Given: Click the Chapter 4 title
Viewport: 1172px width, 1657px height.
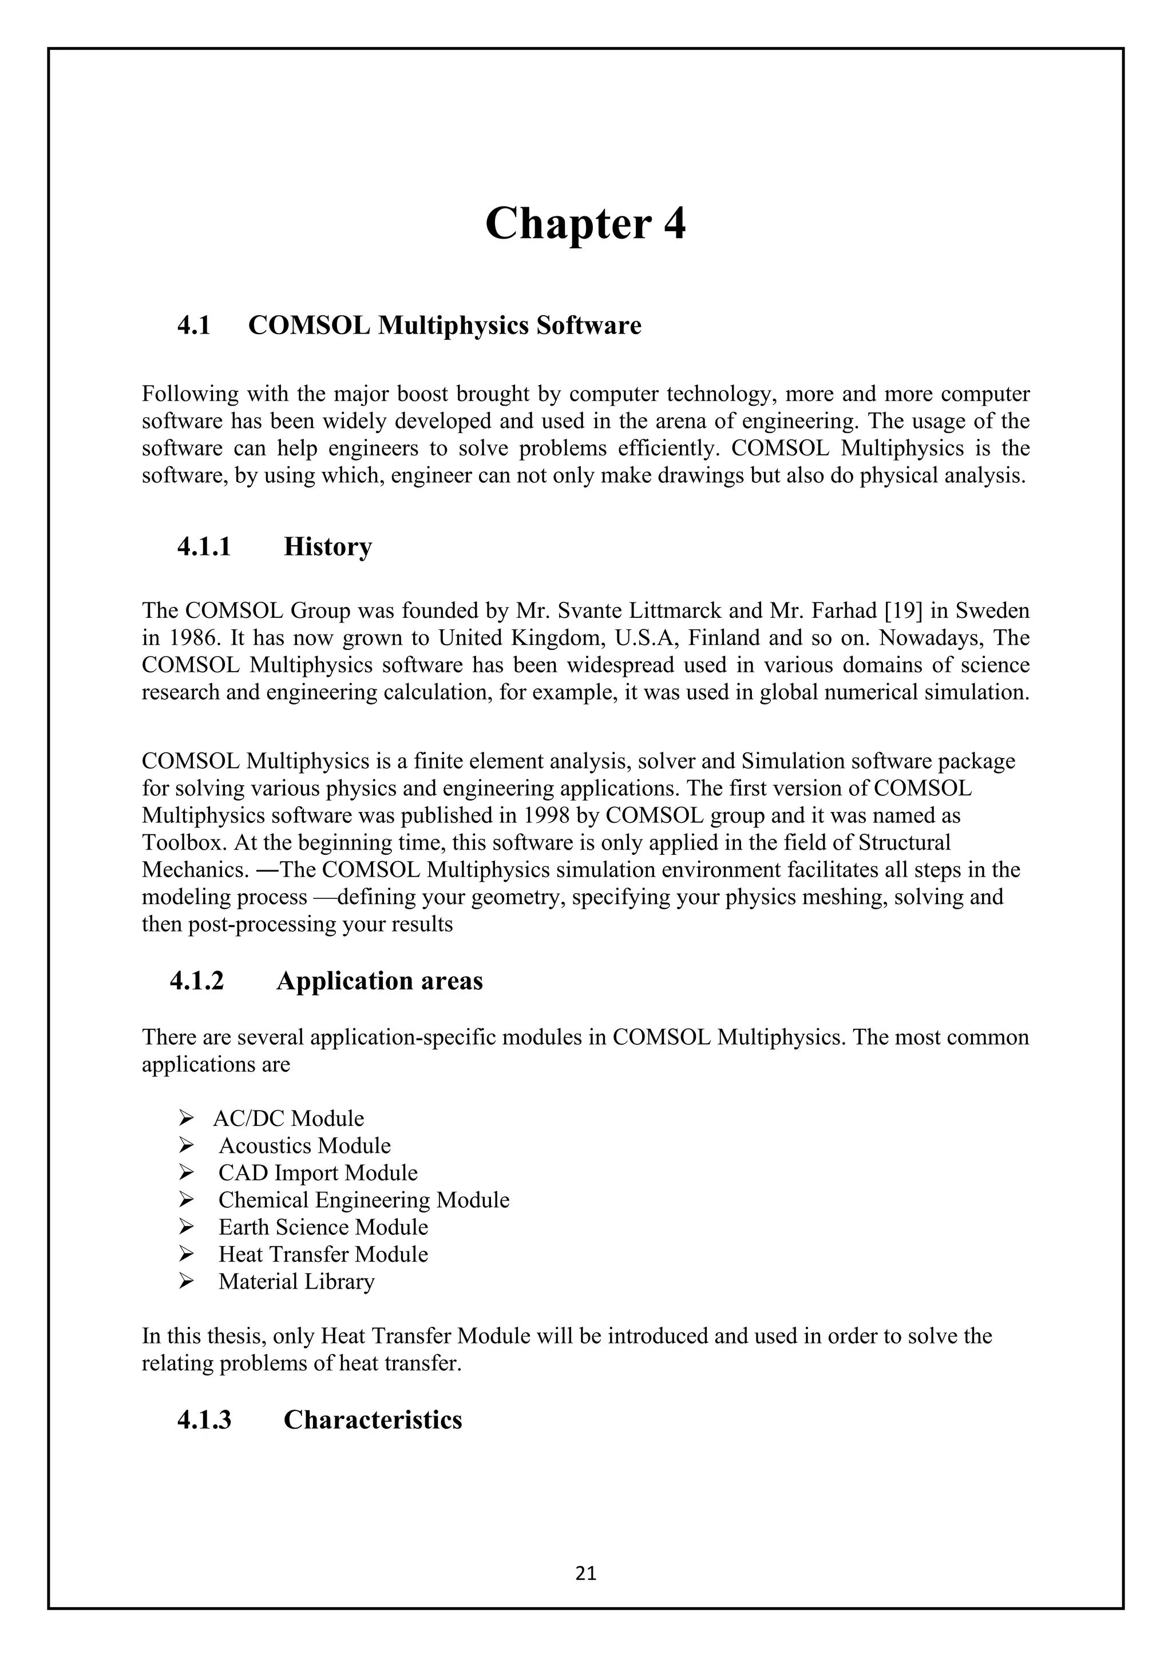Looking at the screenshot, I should pos(585,223).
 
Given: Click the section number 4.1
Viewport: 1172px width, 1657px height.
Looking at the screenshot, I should pos(193,326).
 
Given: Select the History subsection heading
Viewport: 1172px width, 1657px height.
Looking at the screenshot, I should pos(328,546).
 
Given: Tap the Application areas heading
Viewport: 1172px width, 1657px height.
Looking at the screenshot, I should pos(379,981).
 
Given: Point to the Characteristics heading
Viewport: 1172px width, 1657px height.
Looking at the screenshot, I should pos(373,1420).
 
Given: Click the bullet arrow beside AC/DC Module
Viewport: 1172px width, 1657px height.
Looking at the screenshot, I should pos(185,1119).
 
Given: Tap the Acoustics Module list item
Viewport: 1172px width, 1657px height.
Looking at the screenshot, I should pos(304,1146).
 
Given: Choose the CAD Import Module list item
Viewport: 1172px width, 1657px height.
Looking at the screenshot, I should pos(318,1173).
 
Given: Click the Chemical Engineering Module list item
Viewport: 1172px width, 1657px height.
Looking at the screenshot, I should pos(364,1200).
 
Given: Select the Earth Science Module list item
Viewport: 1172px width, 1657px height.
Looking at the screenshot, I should pos(323,1228).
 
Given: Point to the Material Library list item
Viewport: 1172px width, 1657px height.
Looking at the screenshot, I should pos(296,1282).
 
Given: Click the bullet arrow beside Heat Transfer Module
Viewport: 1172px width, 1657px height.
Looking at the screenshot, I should pos(185,1254).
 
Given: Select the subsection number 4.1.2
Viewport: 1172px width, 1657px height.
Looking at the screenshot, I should pos(197,981).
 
